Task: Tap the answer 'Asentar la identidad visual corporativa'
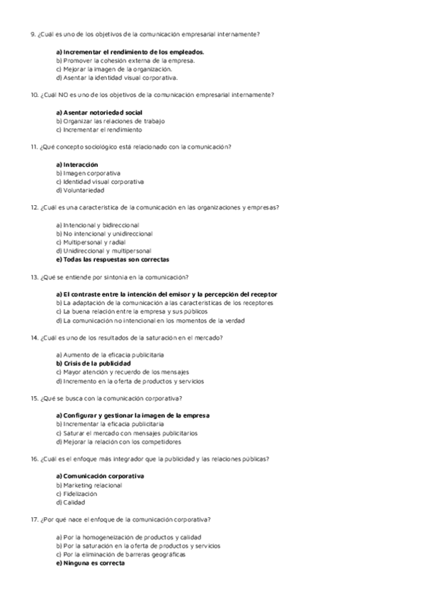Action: pyautogui.click(x=117, y=78)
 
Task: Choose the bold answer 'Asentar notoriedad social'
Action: pyautogui.click(x=103, y=112)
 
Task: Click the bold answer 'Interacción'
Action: pyautogui.click(x=80, y=164)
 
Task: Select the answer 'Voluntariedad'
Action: pyautogui.click(x=83, y=190)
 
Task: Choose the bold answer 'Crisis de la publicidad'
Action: pyautogui.click(x=93, y=363)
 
